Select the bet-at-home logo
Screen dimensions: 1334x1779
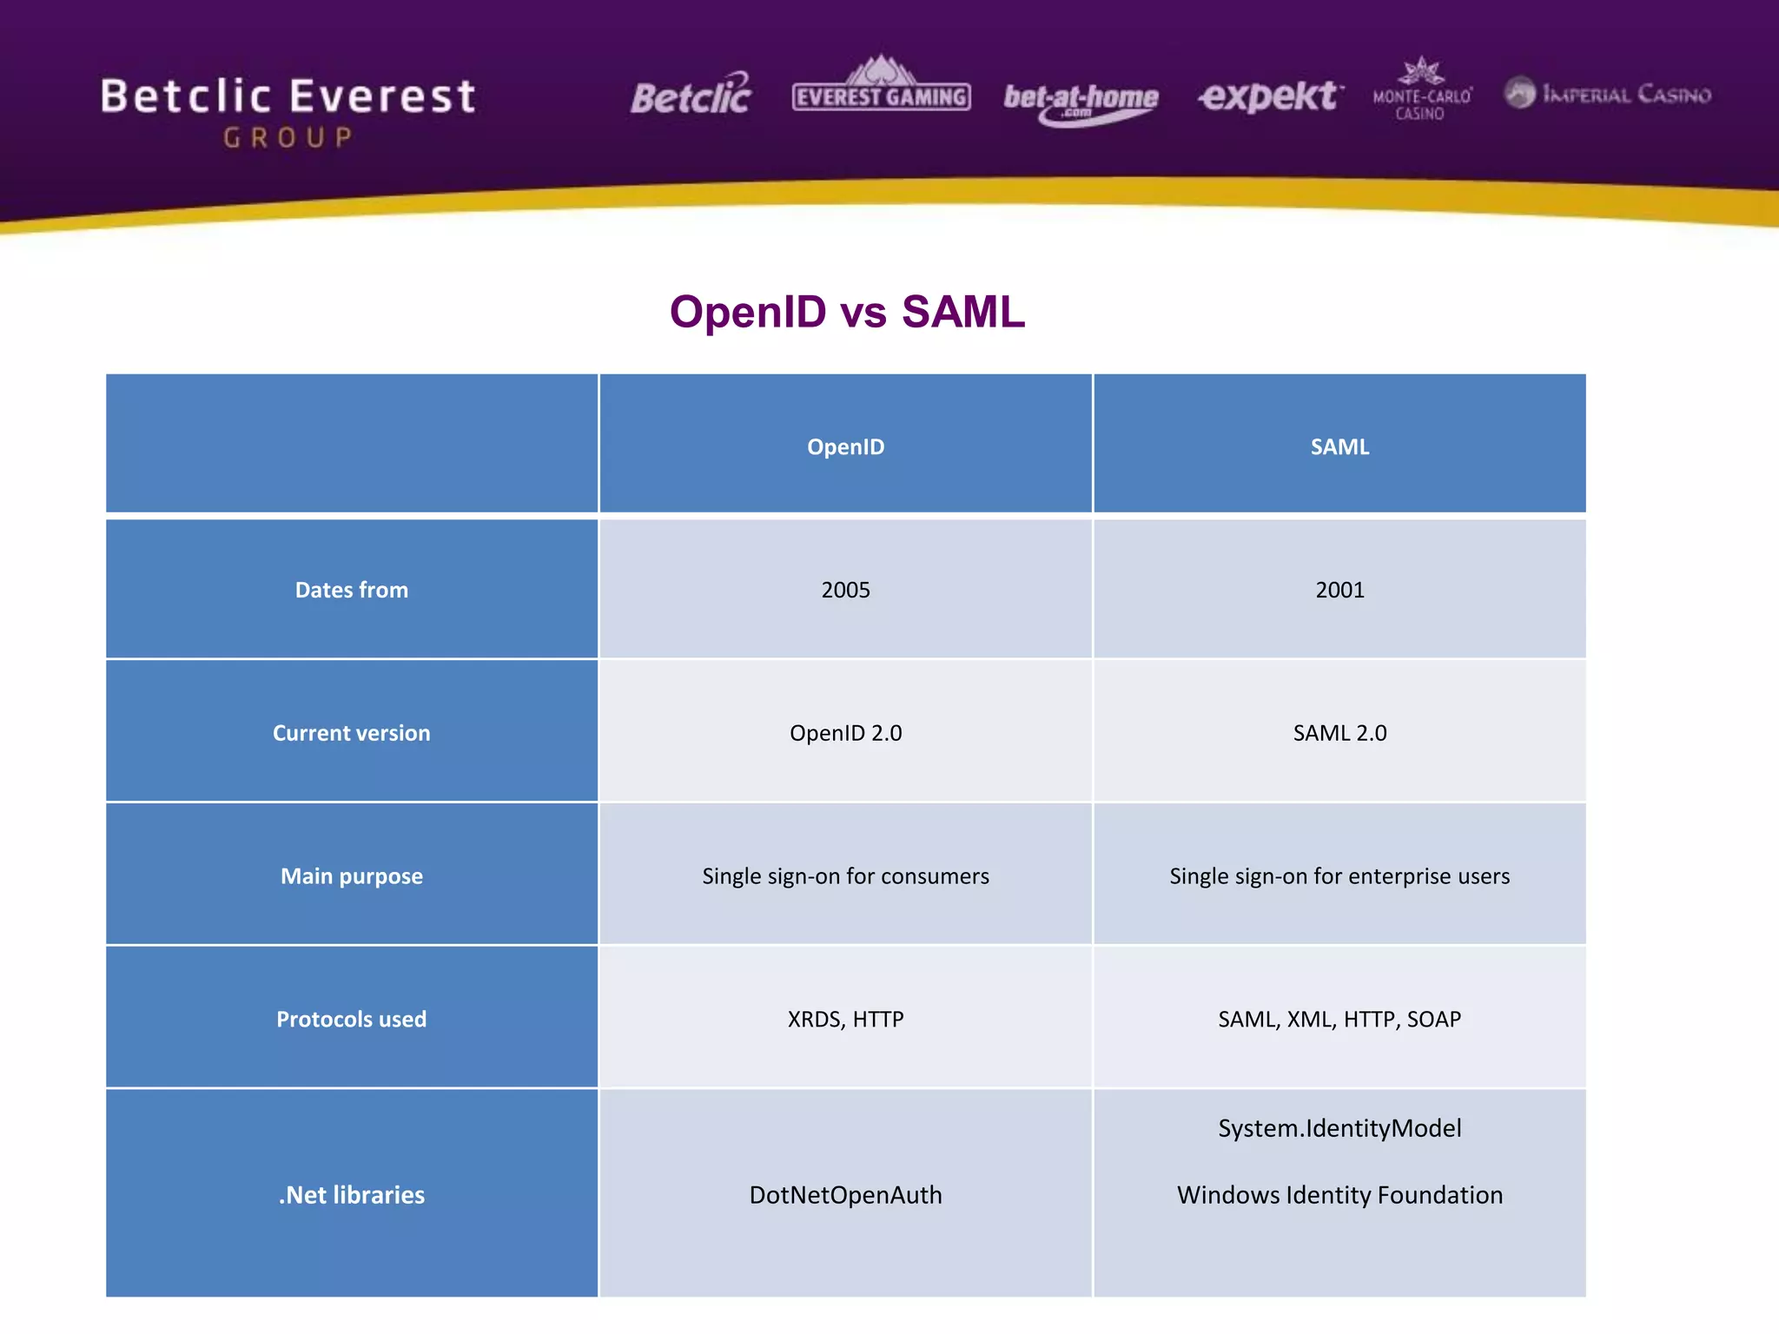tap(1081, 101)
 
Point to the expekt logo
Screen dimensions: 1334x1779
tap(1270, 96)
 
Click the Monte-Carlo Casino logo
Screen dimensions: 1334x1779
tap(1422, 91)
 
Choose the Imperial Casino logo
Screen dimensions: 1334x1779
tap(1608, 93)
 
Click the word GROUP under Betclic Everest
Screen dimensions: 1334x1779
tap(288, 137)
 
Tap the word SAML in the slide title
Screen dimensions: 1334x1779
tap(962, 312)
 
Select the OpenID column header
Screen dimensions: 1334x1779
tap(845, 446)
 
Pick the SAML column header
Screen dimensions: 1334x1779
tap(1339, 446)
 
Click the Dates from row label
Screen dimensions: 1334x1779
tap(351, 590)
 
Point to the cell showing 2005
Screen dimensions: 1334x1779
tap(845, 590)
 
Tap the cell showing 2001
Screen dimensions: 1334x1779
tap(1339, 590)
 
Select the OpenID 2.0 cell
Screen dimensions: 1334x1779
tap(845, 733)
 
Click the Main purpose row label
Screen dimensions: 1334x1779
tap(351, 875)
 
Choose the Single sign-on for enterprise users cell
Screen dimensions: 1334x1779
tap(1339, 875)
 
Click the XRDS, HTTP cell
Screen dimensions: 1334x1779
tap(845, 1019)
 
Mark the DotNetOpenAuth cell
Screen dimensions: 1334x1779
tap(845, 1195)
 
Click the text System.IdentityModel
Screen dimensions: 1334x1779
tap(1339, 1128)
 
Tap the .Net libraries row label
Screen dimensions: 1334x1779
tap(351, 1195)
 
